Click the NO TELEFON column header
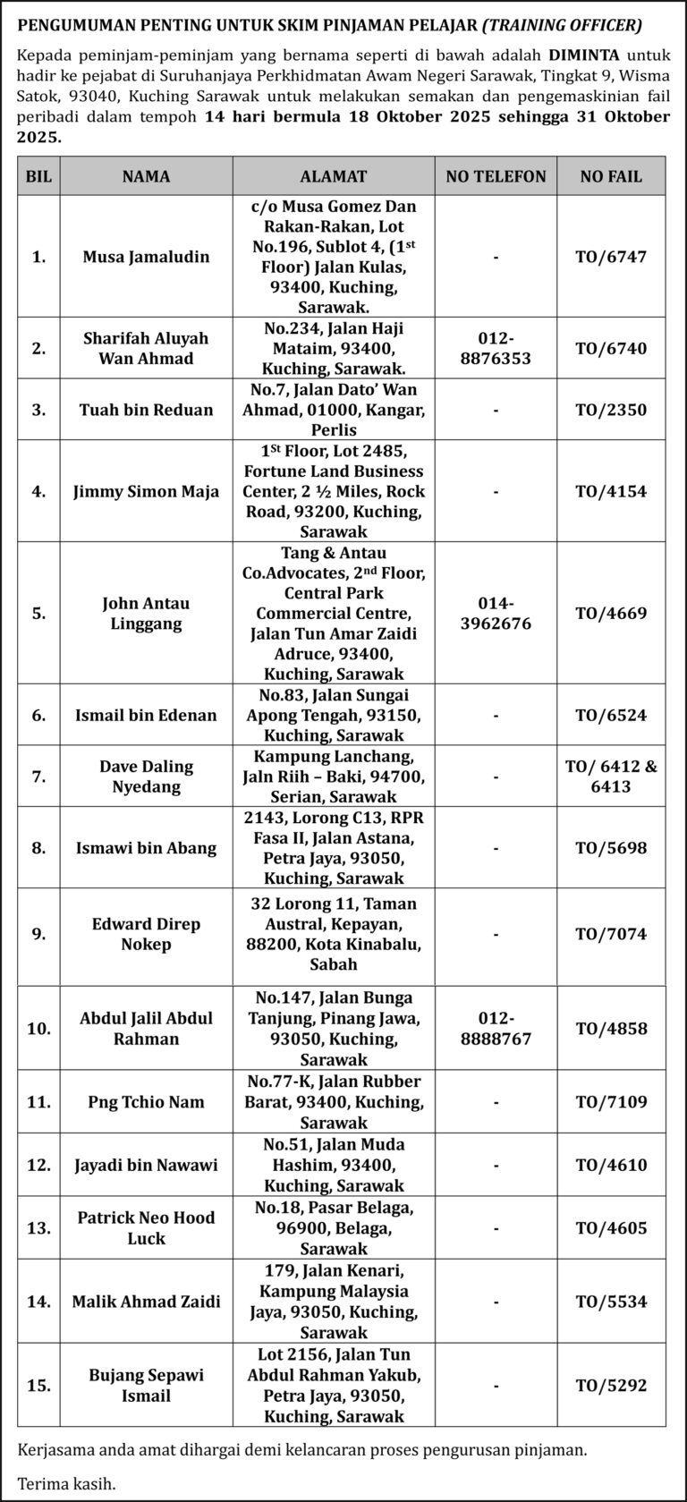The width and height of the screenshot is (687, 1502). (x=496, y=176)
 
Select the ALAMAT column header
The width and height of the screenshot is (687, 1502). (x=334, y=176)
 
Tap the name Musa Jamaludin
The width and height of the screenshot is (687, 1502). (x=146, y=257)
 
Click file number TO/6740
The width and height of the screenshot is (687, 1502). (x=611, y=348)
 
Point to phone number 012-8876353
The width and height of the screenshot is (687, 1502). (x=496, y=348)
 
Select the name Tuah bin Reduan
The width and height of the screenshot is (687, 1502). (x=146, y=410)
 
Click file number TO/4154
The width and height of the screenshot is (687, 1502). (x=611, y=491)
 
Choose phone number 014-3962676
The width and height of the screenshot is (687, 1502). (x=496, y=613)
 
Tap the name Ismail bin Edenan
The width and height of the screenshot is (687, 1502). (x=146, y=715)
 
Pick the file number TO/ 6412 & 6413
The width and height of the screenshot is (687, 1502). (x=611, y=776)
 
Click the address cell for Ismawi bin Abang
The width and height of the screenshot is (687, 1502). (x=334, y=847)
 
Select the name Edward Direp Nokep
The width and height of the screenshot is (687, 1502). (x=146, y=934)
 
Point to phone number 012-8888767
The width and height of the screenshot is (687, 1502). (x=496, y=1029)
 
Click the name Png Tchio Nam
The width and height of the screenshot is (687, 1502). (x=146, y=1102)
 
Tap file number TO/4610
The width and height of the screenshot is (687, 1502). (x=611, y=1165)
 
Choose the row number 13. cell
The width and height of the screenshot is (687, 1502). (x=38, y=1227)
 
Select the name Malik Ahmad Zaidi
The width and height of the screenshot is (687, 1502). (x=146, y=1302)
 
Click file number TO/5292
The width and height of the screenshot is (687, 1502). (x=611, y=1386)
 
